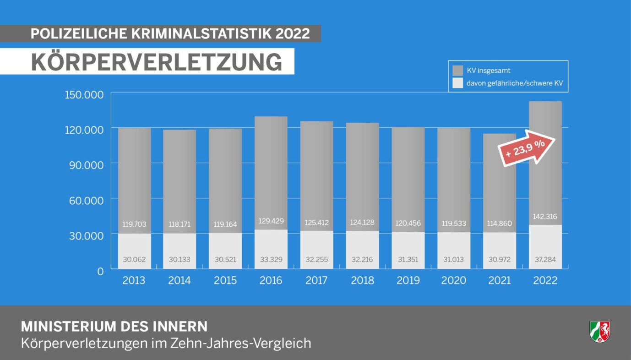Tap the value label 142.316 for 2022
pos(545,217)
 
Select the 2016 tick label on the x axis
pos(271,280)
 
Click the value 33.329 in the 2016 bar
pos(271,260)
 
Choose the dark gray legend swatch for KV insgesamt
pos(457,71)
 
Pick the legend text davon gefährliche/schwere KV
pos(514,83)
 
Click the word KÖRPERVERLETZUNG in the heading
pos(157,62)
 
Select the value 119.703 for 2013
pos(134,224)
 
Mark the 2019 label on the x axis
pos(408,280)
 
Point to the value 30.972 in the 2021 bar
pos(499,260)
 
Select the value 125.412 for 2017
pos(316,223)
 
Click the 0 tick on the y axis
pos(101,271)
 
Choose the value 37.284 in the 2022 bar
pos(545,260)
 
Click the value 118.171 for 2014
pos(180,224)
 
